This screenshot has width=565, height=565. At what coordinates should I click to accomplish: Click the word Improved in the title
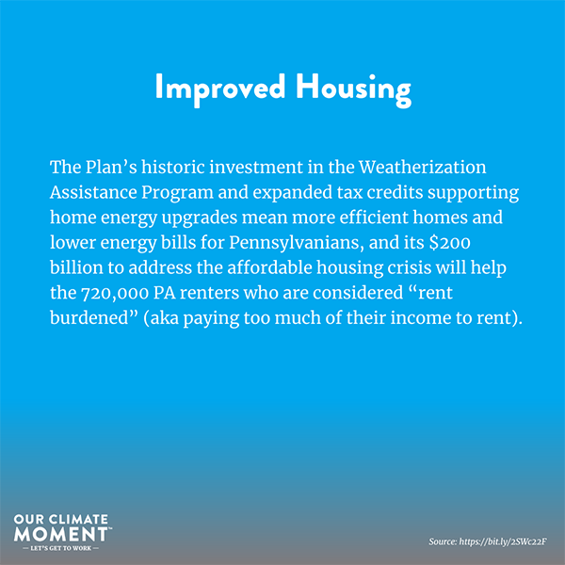coord(220,89)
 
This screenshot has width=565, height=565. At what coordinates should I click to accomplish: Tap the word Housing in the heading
coord(353,89)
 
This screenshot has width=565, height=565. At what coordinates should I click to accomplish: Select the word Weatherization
coord(422,168)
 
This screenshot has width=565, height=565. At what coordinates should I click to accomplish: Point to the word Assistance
coord(93,192)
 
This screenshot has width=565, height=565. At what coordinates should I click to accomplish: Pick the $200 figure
coord(450,243)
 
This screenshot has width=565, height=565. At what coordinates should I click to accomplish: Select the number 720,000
coord(115,293)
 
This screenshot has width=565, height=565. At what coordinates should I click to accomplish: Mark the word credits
coord(395,192)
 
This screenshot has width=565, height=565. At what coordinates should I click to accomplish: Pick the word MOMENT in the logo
coord(60,534)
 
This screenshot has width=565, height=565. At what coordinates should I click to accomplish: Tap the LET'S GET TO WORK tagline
coord(60,548)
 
